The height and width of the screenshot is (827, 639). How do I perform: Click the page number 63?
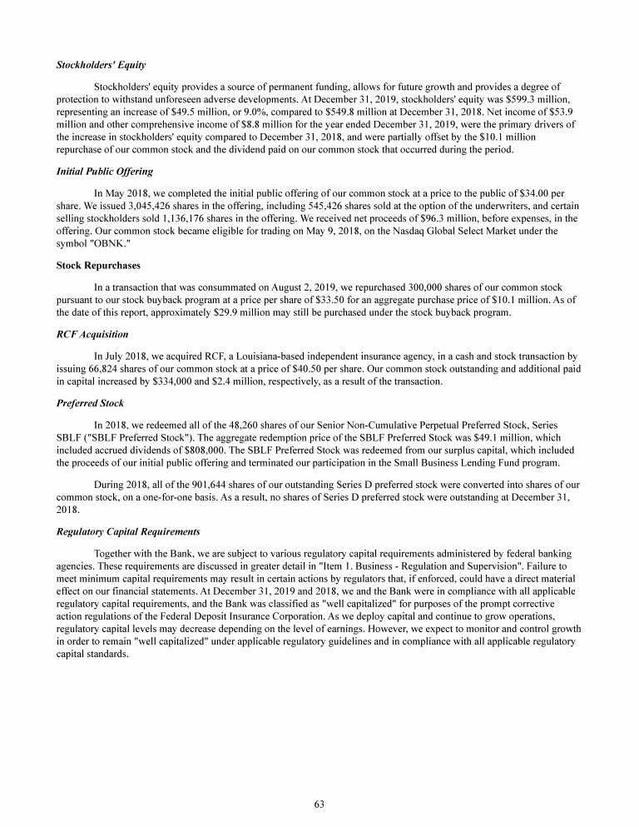pos(319,805)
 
